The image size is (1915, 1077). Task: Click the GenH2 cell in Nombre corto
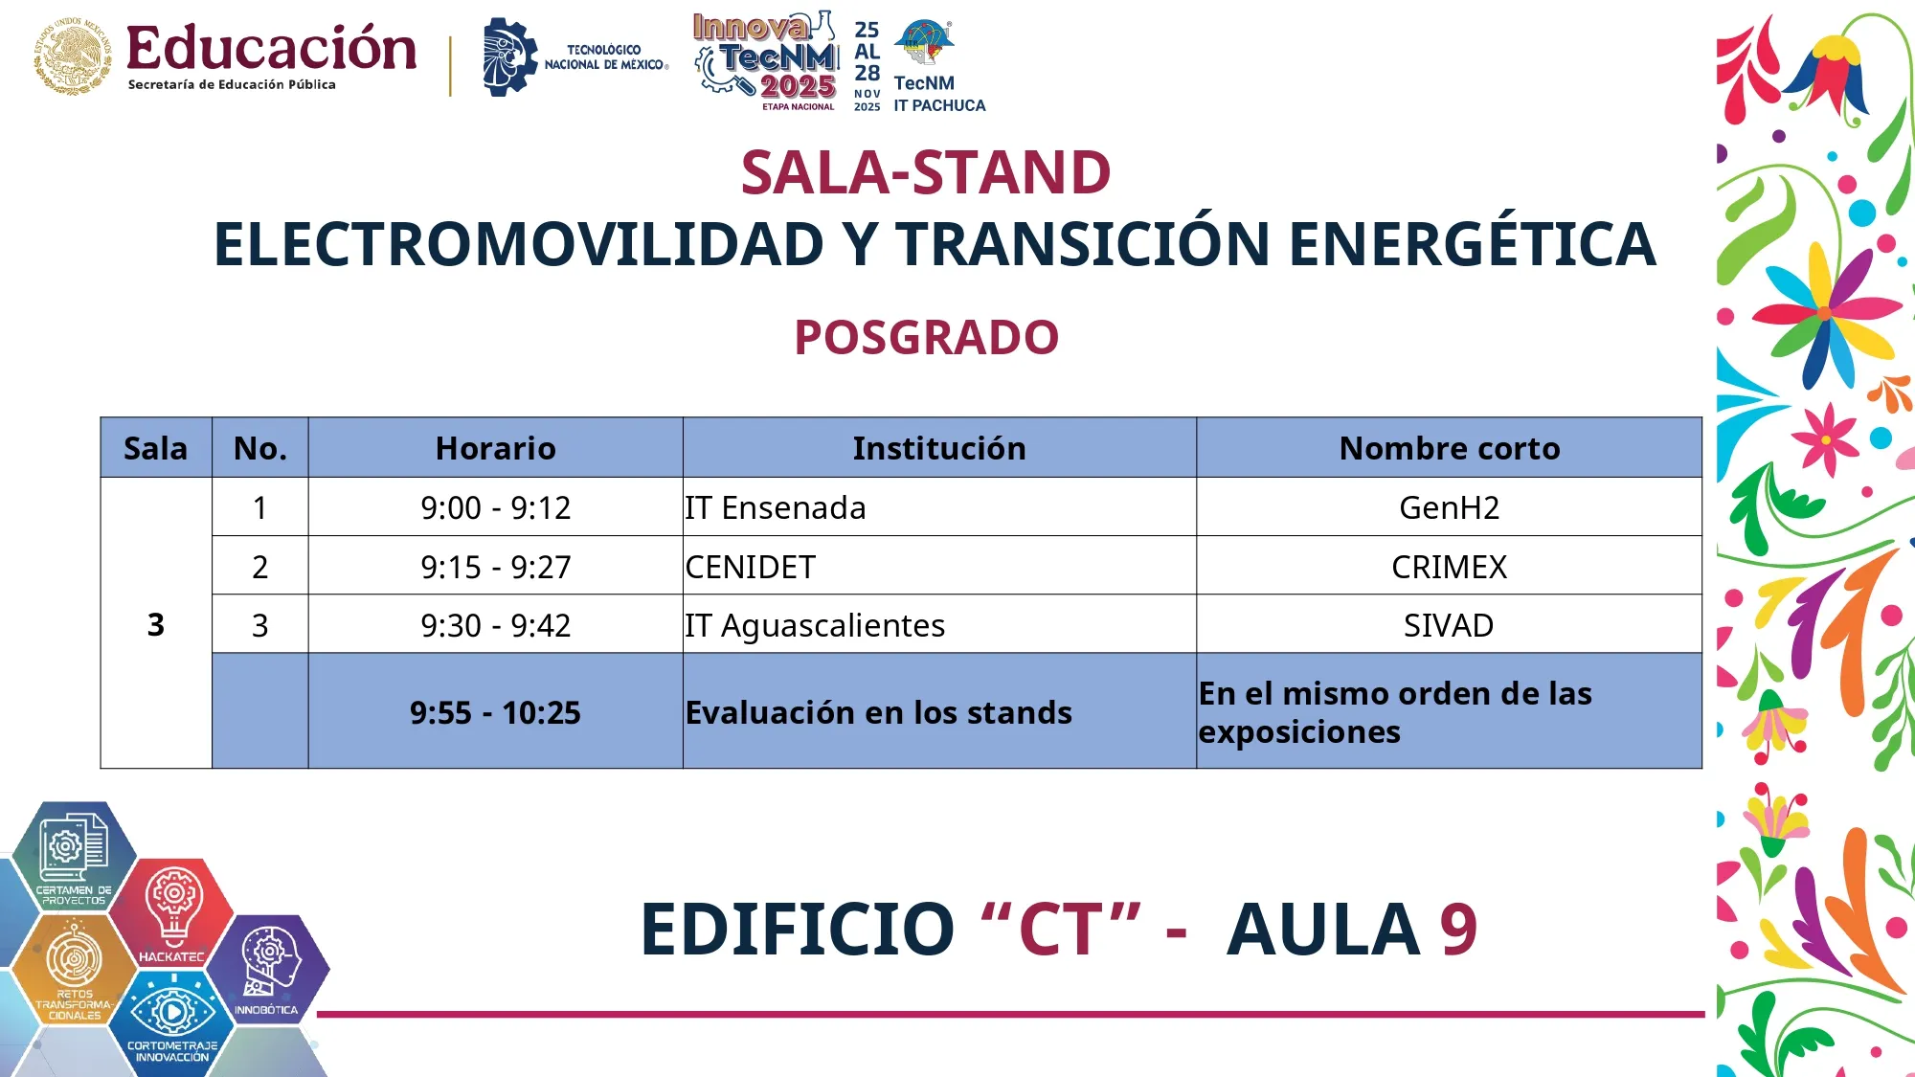coord(1449,507)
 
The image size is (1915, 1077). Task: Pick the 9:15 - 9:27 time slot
coord(495,567)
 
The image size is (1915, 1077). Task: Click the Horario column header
coord(495,448)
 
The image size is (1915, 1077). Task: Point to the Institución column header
coord(938,448)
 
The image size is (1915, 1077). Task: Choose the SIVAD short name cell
coord(1449,625)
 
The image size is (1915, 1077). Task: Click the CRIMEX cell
coord(1449,567)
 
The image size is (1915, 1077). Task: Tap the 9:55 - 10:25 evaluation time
coord(495,712)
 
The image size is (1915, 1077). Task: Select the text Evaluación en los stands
coord(878,712)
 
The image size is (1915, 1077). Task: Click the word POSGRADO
coord(926,337)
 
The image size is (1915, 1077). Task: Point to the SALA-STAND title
coord(925,172)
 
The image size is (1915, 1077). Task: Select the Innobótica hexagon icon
coord(268,967)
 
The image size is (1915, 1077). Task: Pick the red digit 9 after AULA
coord(1457,929)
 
